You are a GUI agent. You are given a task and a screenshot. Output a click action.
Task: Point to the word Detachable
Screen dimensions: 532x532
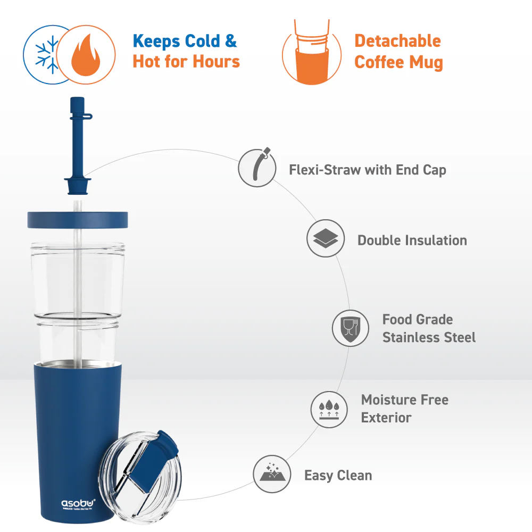[x=397, y=41]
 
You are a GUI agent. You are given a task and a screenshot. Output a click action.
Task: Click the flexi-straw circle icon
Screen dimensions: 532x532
[x=257, y=168]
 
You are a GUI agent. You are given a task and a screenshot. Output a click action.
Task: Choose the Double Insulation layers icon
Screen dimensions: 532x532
[x=326, y=240]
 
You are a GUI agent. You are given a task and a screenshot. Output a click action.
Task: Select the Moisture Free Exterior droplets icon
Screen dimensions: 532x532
[x=329, y=409]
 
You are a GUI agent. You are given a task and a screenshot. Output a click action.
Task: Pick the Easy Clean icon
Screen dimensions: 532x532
[x=272, y=475]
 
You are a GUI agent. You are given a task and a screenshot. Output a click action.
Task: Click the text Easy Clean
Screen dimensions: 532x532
[x=338, y=475]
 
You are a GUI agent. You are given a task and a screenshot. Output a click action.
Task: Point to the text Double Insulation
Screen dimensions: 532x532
[x=412, y=240]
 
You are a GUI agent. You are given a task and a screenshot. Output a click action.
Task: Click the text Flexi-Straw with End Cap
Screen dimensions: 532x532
[x=367, y=170]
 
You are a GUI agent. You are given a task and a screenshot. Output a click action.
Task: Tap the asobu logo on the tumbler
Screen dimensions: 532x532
[x=78, y=502]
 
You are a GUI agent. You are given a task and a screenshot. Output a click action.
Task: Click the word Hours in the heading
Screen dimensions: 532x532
[x=215, y=62]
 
